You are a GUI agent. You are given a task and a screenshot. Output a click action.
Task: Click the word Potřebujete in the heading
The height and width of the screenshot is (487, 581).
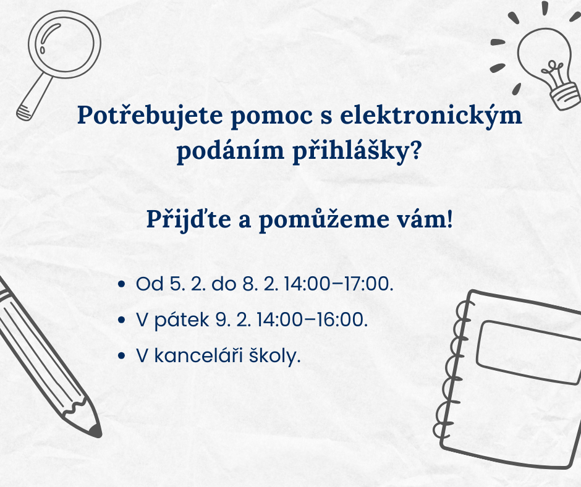coord(150,116)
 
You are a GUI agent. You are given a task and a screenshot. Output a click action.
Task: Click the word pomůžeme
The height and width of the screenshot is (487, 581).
coord(323,220)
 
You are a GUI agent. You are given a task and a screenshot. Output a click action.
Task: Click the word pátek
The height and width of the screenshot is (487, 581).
coord(182,320)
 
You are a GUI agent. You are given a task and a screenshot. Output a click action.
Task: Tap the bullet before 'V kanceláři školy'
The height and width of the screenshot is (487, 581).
coord(122,356)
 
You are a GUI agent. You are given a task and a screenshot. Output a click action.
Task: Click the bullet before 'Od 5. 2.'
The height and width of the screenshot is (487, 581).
coord(122,284)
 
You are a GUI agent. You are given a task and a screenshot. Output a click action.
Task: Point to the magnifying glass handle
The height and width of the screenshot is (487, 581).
coord(34,98)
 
